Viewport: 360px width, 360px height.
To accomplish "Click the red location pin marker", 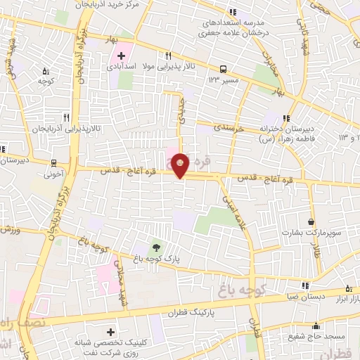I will coord(181,165).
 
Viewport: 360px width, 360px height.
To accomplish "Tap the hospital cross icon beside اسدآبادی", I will coord(120,56).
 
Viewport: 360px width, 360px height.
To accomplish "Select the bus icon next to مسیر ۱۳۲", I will coord(223,69).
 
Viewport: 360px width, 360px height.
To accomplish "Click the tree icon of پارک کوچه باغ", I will coord(156,247).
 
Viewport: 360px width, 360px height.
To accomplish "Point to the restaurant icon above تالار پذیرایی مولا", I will coord(167,56).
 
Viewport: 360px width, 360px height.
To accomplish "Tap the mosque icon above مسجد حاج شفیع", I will coord(316,326).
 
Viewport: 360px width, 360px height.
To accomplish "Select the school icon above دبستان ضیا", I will coord(305,285).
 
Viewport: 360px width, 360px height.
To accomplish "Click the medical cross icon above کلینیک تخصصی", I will coord(110,331).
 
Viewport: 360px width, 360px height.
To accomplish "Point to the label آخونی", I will coord(53,169).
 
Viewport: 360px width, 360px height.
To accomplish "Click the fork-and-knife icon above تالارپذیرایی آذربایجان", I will coord(66,117).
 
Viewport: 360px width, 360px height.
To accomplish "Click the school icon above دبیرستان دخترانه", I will coord(286,118).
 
